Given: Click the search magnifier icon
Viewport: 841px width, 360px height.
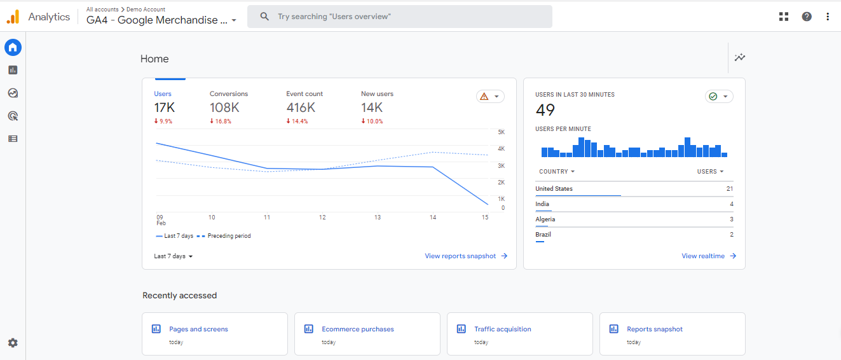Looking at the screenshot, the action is click(x=264, y=17).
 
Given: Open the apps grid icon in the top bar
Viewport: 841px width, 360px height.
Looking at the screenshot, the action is click(x=784, y=17).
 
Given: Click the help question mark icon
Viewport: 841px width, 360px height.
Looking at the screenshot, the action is click(x=807, y=17).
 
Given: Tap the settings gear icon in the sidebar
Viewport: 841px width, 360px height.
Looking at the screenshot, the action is click(x=13, y=343).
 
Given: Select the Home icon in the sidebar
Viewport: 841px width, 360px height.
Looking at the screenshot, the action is click(x=13, y=48).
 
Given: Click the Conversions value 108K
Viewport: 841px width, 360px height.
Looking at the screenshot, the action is click(x=224, y=108).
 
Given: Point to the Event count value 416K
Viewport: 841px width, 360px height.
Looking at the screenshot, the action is click(x=301, y=108).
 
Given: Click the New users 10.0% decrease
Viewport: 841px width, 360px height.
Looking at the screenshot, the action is click(x=372, y=121).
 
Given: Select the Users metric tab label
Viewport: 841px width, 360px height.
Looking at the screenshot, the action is click(x=163, y=94).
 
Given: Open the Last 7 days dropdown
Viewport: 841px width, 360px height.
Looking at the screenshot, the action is click(x=173, y=256).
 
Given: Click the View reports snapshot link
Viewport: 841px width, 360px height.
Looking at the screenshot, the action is click(x=466, y=256).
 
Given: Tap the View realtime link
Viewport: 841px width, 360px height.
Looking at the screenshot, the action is click(x=709, y=256).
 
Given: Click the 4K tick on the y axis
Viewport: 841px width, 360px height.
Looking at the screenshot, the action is click(x=501, y=149).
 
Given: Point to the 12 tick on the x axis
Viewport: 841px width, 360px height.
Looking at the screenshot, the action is click(x=322, y=217).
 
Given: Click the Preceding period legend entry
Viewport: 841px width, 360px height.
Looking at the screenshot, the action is click(x=224, y=236).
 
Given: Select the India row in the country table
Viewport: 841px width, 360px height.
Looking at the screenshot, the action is click(x=634, y=204).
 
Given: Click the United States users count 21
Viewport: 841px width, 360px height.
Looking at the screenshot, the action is click(x=730, y=189).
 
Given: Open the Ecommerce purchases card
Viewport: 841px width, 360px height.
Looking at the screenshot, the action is click(x=367, y=334).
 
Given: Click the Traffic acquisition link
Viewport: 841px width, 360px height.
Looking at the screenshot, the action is click(x=503, y=329).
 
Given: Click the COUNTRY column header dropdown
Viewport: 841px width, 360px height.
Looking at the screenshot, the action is click(x=557, y=172).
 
